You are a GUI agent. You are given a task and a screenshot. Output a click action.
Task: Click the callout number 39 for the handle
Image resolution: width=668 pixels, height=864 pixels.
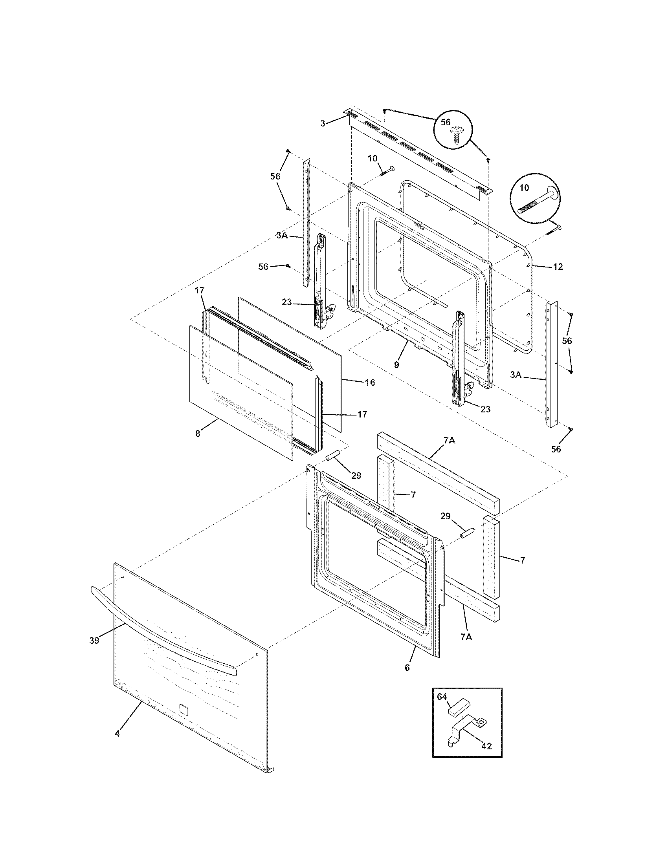click(x=94, y=641)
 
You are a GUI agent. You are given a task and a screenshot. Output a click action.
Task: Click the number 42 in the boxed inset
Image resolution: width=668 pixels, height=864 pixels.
click(x=486, y=746)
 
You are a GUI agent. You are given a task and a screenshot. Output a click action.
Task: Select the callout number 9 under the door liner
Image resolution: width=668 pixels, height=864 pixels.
click(x=396, y=364)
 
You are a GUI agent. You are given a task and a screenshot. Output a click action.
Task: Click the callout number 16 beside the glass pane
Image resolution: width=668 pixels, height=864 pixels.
click(x=370, y=383)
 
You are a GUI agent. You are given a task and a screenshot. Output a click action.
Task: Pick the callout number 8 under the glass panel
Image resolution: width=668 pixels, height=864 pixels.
click(x=198, y=434)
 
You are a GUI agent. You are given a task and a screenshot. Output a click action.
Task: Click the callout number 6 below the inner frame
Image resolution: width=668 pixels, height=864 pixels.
click(x=407, y=668)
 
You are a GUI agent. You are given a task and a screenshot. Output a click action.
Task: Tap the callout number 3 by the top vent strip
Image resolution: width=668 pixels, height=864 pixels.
click(x=323, y=123)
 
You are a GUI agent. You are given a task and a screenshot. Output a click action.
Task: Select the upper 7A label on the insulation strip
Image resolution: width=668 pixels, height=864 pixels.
click(x=450, y=440)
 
